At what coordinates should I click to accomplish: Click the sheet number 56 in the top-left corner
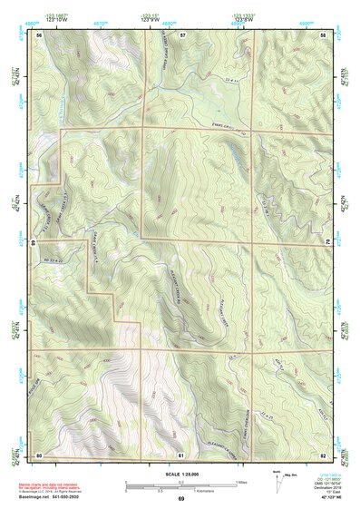[40, 34]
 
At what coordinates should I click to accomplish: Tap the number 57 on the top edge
[182, 34]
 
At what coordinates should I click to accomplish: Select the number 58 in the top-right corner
[323, 34]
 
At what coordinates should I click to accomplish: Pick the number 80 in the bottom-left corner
[40, 454]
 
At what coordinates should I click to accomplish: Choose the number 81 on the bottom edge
[182, 454]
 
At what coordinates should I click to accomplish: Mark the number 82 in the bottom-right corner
[323, 454]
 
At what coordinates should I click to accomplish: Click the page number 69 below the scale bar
[180, 500]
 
